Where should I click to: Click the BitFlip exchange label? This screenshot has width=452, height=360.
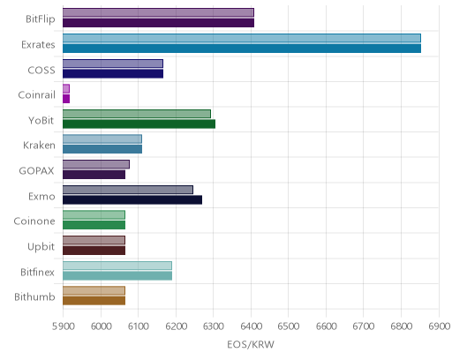pos(41,19)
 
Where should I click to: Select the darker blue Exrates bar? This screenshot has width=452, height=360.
pos(242,49)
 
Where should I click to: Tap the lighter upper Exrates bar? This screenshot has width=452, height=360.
pos(242,38)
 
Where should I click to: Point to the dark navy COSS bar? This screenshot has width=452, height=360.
pos(113,74)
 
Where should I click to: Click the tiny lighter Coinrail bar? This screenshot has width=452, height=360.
pos(66,88)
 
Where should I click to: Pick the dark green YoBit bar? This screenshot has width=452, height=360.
pos(139,124)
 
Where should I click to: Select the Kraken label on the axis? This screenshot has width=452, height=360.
pos(39,146)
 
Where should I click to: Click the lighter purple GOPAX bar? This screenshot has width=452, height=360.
pos(96,164)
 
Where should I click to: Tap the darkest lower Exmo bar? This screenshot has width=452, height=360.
pos(132,200)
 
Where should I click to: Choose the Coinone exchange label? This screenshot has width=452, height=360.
pos(34,221)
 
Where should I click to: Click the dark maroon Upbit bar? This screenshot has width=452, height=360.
pos(94,251)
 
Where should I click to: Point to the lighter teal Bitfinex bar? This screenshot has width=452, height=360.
pos(117,266)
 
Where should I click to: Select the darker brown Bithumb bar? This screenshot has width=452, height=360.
pos(94,301)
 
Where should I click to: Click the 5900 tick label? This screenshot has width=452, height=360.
pos(63,326)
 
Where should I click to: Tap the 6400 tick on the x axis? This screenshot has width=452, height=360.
pos(251,326)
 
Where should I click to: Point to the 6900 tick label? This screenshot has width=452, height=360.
pos(439,326)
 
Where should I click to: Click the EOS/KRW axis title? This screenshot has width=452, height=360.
pos(251,345)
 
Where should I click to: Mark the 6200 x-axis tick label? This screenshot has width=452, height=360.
pos(176,326)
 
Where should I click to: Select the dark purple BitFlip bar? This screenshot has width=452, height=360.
pos(158,23)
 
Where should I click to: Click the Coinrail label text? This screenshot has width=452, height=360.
pos(36,95)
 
